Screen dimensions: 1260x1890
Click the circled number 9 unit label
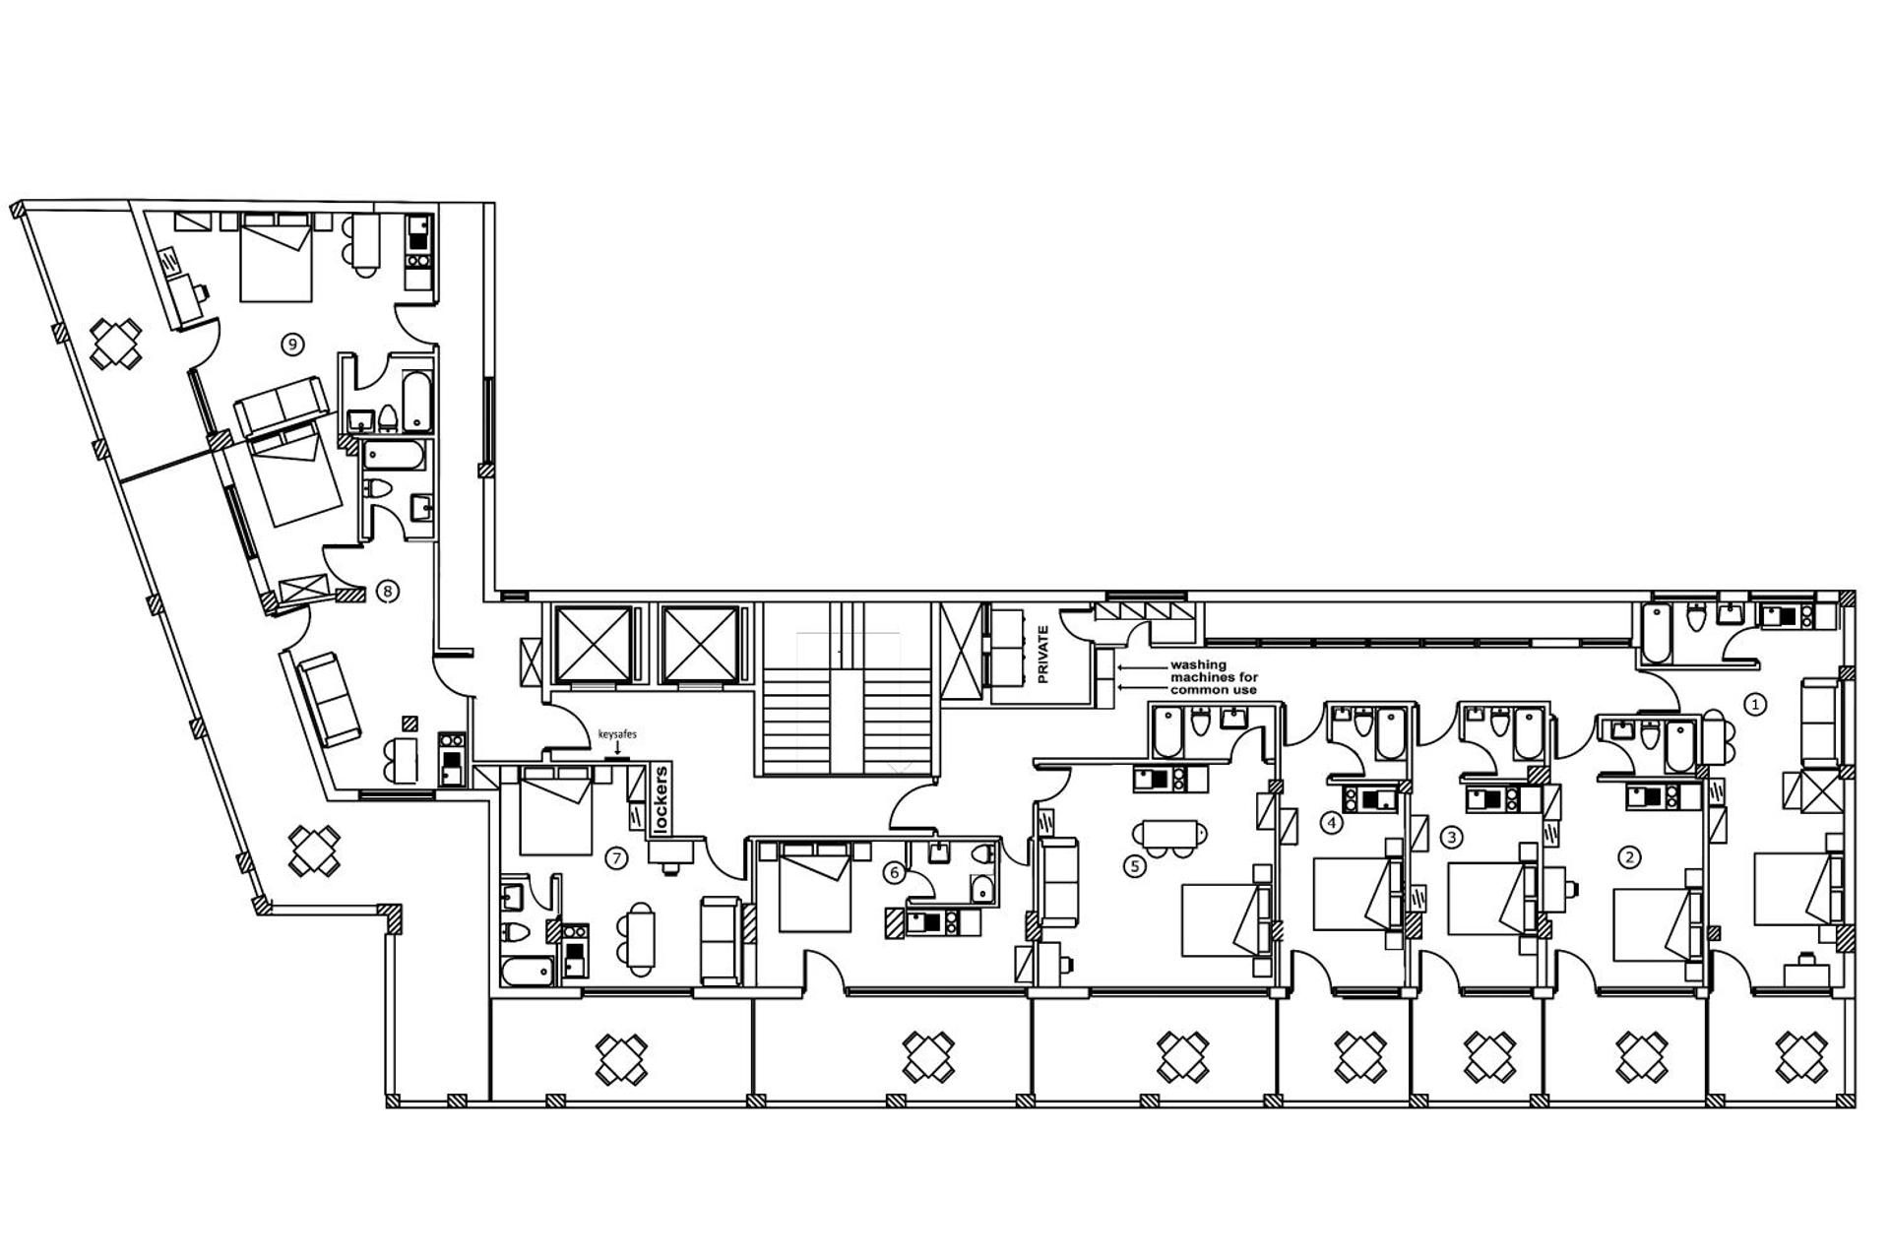[291, 344]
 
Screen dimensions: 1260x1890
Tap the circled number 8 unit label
[388, 592]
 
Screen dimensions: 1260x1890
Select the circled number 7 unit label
[616, 858]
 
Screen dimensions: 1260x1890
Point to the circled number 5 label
[1135, 866]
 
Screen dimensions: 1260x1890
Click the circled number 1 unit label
[1754, 704]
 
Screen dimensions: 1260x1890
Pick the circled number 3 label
[1451, 838]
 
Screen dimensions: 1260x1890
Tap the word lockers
[661, 800]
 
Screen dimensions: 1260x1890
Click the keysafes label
[617, 734]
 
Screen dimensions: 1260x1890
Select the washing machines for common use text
[1213, 677]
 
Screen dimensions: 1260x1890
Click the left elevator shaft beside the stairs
[593, 645]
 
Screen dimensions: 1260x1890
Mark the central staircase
[848, 704]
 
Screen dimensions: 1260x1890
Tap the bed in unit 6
[814, 887]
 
